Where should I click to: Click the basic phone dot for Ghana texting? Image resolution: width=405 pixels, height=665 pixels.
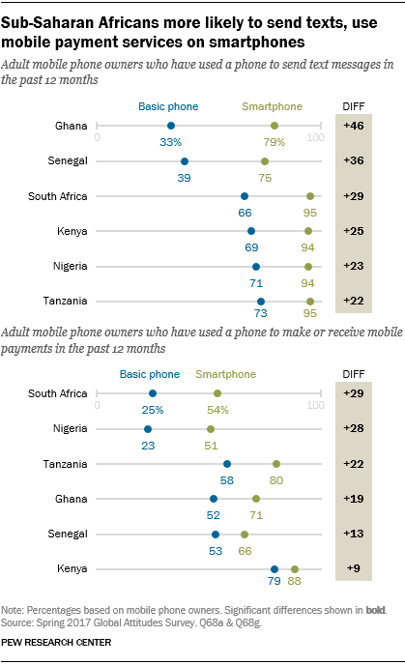pos(171,126)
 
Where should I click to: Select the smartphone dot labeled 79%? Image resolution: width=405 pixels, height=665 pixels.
pos(275,126)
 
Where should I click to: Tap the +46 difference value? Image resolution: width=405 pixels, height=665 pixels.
pos(354,126)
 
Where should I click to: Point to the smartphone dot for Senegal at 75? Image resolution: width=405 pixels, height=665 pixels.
pos(264,161)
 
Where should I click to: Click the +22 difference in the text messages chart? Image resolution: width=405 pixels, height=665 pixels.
pos(354,303)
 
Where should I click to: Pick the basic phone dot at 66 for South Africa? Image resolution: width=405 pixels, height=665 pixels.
pos(244,196)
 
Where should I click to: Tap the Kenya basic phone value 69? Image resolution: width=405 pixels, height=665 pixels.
pos(250,249)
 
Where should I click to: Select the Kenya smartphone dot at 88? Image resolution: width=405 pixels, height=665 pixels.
pos(295,570)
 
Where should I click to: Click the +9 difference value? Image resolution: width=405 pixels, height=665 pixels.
pos(354,570)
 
